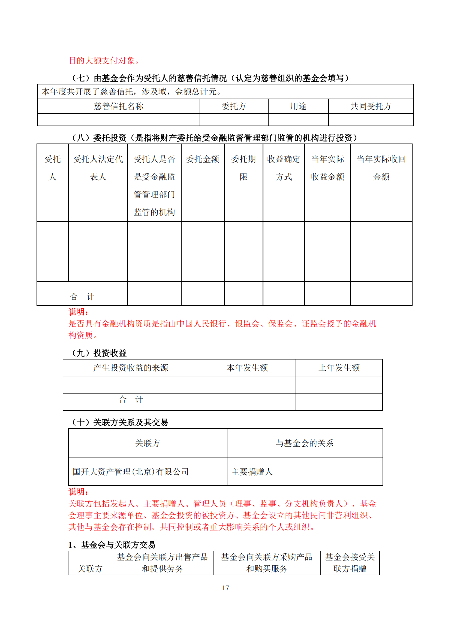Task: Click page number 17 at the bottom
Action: (x=225, y=588)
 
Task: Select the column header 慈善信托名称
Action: (x=119, y=106)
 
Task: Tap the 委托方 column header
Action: (x=234, y=106)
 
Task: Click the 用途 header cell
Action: (x=298, y=106)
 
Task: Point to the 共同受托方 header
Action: (x=371, y=106)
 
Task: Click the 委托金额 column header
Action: (x=202, y=159)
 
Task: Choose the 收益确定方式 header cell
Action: (x=283, y=168)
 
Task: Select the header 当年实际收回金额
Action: (x=381, y=168)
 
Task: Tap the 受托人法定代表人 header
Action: (x=98, y=168)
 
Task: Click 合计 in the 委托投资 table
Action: (x=82, y=297)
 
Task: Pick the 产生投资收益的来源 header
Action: (x=131, y=368)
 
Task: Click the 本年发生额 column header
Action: (x=247, y=368)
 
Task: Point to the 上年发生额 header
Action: (x=339, y=368)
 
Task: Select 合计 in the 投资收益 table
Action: (x=131, y=400)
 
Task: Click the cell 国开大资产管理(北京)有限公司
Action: (x=131, y=472)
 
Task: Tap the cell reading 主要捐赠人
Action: (x=252, y=472)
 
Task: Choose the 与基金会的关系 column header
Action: (x=305, y=443)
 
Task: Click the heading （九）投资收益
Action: (x=99, y=353)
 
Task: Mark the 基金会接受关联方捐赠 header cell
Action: (x=350, y=563)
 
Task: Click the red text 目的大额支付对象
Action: (x=104, y=60)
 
